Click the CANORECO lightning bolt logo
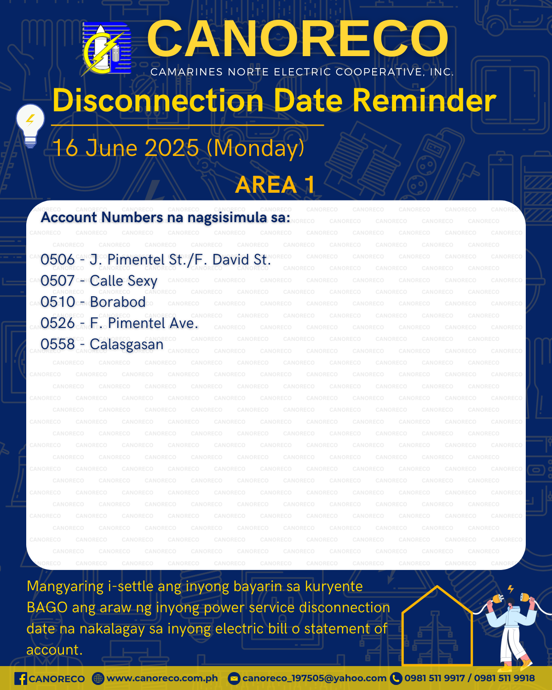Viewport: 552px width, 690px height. [x=106, y=49]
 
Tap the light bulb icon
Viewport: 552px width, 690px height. [x=30, y=126]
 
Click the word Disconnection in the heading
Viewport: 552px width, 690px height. [x=158, y=101]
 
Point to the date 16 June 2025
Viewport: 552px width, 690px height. [x=126, y=148]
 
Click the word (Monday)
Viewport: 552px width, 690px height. [x=255, y=148]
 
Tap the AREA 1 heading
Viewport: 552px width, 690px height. [x=276, y=185]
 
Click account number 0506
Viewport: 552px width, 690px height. [x=58, y=260]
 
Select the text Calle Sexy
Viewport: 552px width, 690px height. [x=123, y=281]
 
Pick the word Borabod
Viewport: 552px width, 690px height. [x=118, y=302]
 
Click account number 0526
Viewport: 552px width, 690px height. [x=58, y=323]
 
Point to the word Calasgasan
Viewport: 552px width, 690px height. [x=126, y=345]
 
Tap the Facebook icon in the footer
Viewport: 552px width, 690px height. [x=21, y=678]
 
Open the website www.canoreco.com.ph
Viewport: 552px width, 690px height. [x=162, y=678]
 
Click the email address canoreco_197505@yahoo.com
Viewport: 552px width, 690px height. [x=314, y=678]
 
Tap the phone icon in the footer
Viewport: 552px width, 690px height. [x=396, y=678]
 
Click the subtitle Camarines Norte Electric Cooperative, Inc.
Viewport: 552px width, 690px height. [x=302, y=72]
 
